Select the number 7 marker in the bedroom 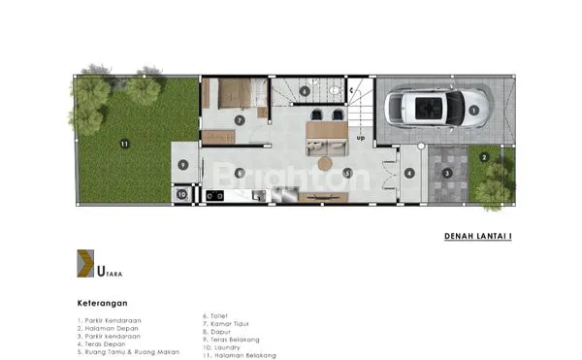(239, 120)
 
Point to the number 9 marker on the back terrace (182, 164)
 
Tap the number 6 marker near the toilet (305, 92)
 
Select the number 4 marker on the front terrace (409, 174)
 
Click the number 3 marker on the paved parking (447, 173)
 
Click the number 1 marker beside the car (473, 111)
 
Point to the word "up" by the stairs (361, 138)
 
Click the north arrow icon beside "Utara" (85, 264)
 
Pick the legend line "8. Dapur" (218, 332)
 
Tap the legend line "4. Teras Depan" (103, 343)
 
